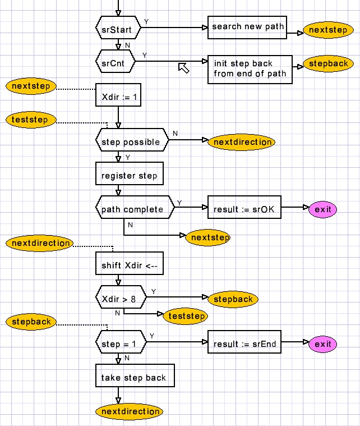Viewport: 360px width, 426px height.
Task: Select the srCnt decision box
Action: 116,62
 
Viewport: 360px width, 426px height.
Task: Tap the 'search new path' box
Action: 247,27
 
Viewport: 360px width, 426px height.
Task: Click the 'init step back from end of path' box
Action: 250,69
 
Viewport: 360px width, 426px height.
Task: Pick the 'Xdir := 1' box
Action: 118,96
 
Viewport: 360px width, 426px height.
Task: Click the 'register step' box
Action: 130,176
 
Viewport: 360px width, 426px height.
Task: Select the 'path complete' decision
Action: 132,209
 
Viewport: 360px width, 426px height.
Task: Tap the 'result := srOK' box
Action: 244,209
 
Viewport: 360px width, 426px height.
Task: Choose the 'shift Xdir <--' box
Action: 130,265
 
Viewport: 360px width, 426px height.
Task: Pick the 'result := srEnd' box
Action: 244,343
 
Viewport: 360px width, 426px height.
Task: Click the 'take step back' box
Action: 135,377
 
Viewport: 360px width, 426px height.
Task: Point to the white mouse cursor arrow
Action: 183,68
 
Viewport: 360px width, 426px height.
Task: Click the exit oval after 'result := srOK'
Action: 323,209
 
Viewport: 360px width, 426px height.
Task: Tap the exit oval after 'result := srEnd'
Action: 323,343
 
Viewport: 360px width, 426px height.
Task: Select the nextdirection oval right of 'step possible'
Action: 242,142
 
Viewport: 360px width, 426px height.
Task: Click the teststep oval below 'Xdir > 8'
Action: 186,316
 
